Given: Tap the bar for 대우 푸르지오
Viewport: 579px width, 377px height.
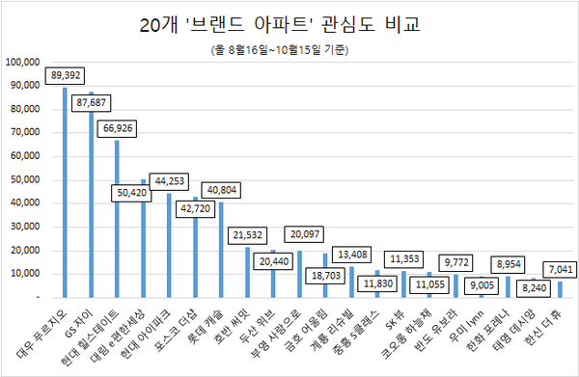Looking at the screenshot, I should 65,193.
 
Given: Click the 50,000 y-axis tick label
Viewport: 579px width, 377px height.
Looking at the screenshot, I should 26,179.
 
